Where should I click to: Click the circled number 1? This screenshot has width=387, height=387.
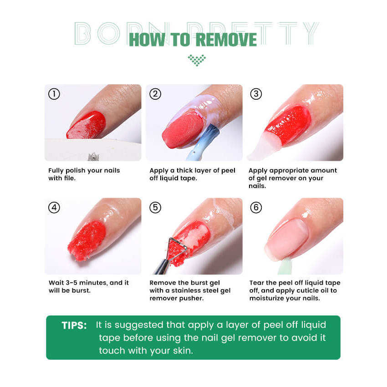(54, 94)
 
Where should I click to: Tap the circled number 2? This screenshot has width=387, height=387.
(155, 94)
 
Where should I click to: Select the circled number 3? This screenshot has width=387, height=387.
(256, 94)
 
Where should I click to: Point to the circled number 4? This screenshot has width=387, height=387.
(54, 208)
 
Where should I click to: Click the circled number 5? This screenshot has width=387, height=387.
(155, 208)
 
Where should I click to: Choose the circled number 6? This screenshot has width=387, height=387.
(256, 208)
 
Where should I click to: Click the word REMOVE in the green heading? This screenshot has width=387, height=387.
(227, 40)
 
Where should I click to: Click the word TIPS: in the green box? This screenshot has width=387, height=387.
(74, 325)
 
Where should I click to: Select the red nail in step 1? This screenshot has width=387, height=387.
(87, 125)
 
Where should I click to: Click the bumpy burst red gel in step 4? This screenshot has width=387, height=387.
(87, 241)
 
